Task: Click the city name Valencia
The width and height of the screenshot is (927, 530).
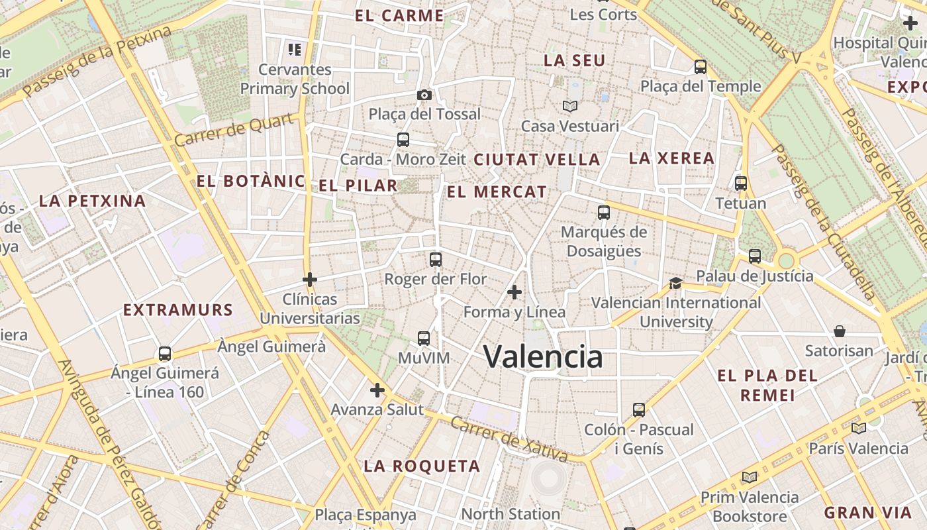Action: (x=543, y=356)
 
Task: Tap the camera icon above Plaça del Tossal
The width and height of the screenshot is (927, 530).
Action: (x=424, y=95)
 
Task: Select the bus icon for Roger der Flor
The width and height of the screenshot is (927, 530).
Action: (x=435, y=260)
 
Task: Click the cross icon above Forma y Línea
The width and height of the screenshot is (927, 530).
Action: (x=514, y=292)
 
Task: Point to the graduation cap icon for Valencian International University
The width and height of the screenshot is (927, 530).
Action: (x=675, y=283)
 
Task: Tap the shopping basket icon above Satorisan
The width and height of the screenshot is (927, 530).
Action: (x=840, y=331)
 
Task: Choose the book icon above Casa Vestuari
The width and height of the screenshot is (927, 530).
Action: (x=570, y=106)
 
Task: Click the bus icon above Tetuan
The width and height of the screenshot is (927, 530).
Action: (x=741, y=184)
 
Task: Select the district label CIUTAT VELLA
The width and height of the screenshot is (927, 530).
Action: (x=537, y=160)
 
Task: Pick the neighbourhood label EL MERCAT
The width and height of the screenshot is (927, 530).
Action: (x=497, y=192)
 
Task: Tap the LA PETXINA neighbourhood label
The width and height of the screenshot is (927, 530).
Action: (x=92, y=201)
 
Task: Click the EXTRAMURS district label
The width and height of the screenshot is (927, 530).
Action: (x=178, y=310)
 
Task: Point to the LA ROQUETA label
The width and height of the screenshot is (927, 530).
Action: (x=422, y=466)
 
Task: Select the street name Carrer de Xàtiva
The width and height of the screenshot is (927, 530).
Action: (x=509, y=439)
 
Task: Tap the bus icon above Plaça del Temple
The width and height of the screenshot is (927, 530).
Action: (x=701, y=67)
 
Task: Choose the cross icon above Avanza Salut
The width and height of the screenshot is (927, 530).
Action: (x=377, y=390)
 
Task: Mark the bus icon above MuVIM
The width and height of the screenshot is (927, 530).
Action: (x=424, y=339)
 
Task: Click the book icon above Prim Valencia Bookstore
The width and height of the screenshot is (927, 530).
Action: (x=750, y=477)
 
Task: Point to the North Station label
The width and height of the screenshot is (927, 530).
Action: (x=511, y=514)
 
